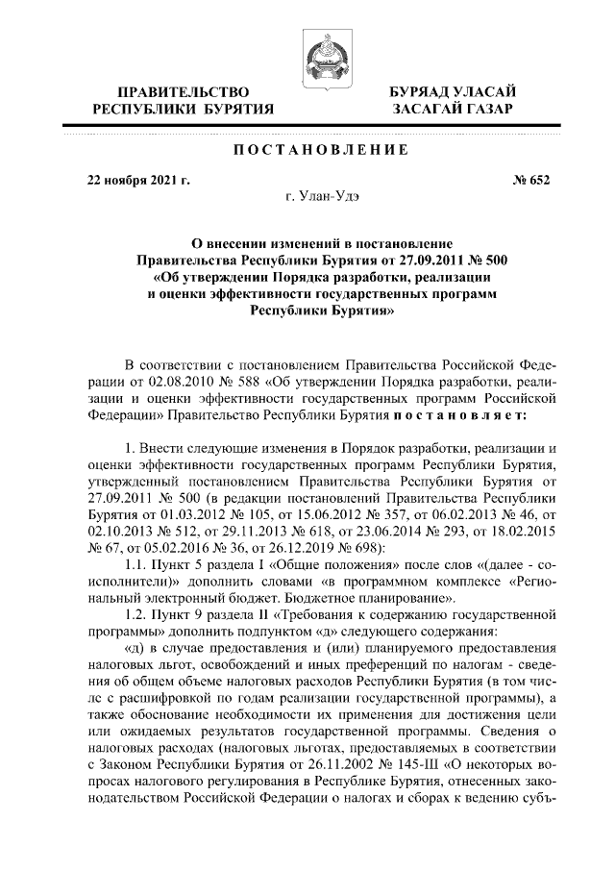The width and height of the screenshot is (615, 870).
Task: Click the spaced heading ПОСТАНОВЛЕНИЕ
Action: pos(307,150)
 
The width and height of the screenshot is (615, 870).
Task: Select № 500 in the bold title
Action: pos(489,260)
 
